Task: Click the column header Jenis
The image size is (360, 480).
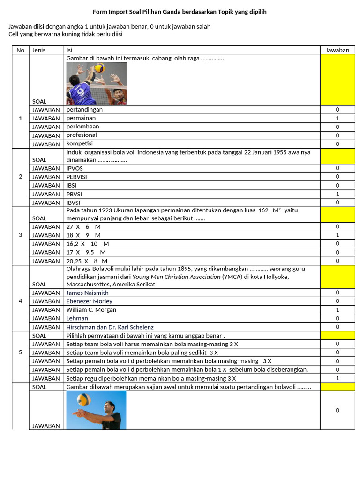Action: pyautogui.click(x=39, y=50)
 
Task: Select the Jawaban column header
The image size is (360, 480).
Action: pyautogui.click(x=337, y=50)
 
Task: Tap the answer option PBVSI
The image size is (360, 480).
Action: pyautogui.click(x=75, y=194)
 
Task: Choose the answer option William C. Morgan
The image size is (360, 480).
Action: pyautogui.click(x=91, y=310)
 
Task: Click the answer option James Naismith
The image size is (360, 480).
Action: pyautogui.click(x=88, y=293)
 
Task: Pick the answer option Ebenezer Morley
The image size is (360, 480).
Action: pyautogui.click(x=90, y=301)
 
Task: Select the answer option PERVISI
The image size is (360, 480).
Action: pyautogui.click(x=77, y=177)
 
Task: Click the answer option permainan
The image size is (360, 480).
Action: pyautogui.click(x=81, y=118)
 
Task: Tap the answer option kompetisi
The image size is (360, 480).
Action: pyautogui.click(x=80, y=143)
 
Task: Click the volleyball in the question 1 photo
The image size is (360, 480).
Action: pyautogui.click(x=99, y=68)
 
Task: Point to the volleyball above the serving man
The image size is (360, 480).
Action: pyautogui.click(x=84, y=400)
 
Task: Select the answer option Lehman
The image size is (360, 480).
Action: pyautogui.click(x=77, y=318)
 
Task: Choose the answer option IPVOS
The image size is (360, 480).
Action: pyautogui.click(x=75, y=168)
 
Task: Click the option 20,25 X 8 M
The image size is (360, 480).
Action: pyautogui.click(x=87, y=261)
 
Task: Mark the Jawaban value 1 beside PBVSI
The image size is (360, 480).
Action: pyautogui.click(x=337, y=194)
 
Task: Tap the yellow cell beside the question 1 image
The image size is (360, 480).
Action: pyautogui.click(x=337, y=80)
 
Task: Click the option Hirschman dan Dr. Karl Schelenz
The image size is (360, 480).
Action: pyautogui.click(x=110, y=327)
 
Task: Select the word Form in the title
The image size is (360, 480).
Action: pyautogui.click(x=99, y=12)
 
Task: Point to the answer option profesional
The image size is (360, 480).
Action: pyautogui.click(x=82, y=135)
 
